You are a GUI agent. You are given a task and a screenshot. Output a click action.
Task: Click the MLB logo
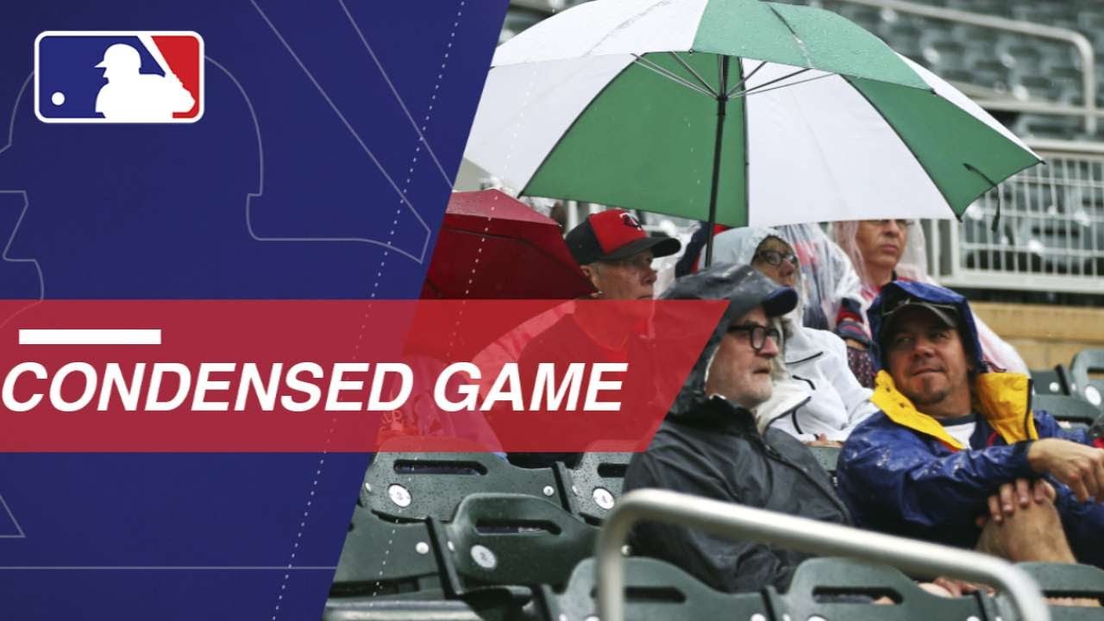pyautogui.click(x=119, y=77)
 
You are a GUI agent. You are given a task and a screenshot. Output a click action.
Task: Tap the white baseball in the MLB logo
pyautogui.click(x=58, y=98)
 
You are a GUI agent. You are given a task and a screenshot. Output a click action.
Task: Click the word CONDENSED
pyautogui.click(x=206, y=387)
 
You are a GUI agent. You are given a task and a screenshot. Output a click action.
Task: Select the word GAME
pyautogui.click(x=530, y=387)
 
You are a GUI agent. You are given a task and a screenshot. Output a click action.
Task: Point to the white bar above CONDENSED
pyautogui.click(x=91, y=336)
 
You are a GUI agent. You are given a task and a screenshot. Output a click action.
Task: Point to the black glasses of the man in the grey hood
pyautogui.click(x=754, y=336)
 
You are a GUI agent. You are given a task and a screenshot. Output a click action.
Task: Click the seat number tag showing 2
pyautogui.click(x=483, y=556)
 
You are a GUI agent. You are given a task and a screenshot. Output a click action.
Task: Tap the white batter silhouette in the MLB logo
pyautogui.click(x=143, y=81)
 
